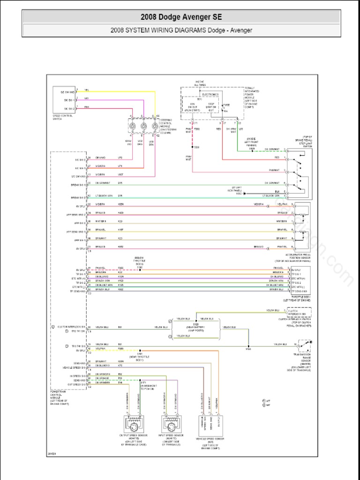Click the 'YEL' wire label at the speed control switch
point(86,90)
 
